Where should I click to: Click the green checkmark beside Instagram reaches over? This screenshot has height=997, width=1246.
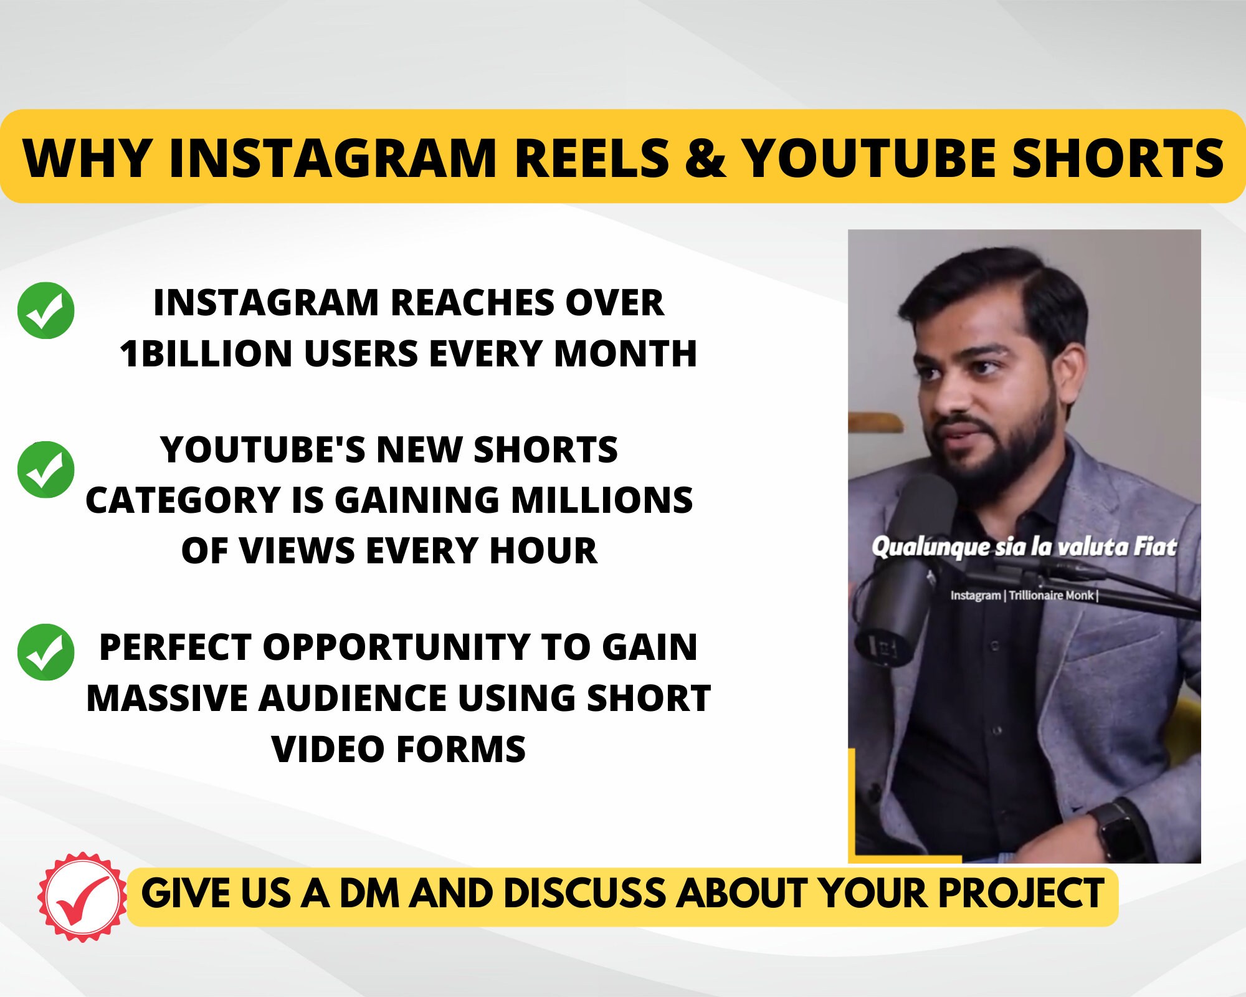(x=46, y=310)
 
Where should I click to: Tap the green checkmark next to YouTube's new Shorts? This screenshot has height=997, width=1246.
(x=46, y=469)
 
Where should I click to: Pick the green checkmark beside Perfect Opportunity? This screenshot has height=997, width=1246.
(x=46, y=652)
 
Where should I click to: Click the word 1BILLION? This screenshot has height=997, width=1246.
(x=206, y=354)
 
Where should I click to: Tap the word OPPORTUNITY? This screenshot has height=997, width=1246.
(x=396, y=647)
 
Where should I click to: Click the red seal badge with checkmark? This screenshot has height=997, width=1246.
(x=82, y=897)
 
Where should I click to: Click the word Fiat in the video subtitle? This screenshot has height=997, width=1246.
(x=1154, y=546)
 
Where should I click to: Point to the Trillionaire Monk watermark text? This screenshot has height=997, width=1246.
(x=1052, y=595)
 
